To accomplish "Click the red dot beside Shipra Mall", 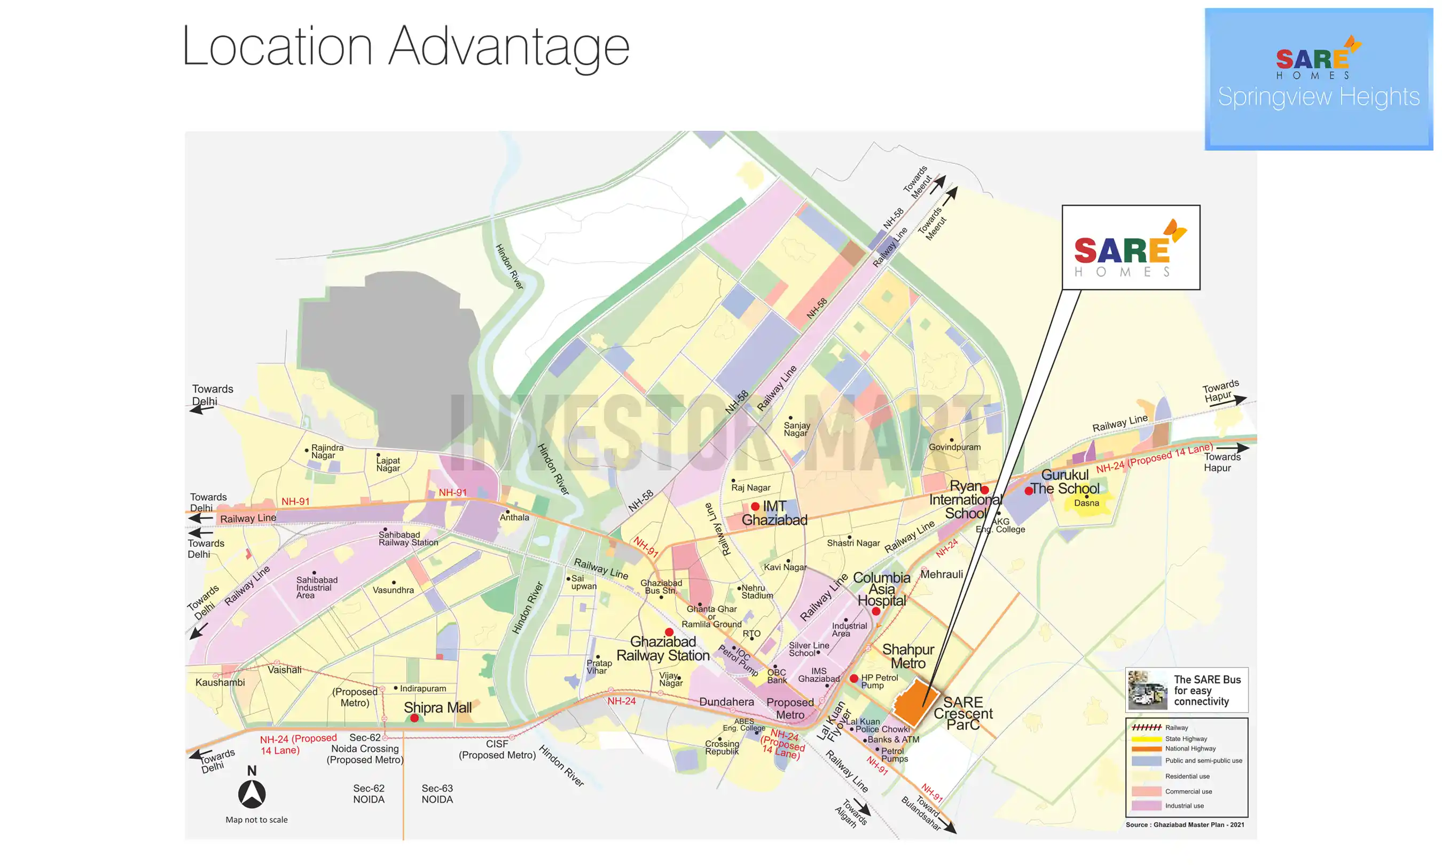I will pyautogui.click(x=414, y=718).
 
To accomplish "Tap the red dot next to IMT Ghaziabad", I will pyautogui.click(x=755, y=507).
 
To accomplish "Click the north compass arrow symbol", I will pyautogui.click(x=252, y=794).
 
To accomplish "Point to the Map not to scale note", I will pyautogui.click(x=256, y=820).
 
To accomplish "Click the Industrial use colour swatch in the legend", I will pyautogui.click(x=1146, y=806).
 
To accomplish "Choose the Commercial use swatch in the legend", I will pyautogui.click(x=1146, y=791).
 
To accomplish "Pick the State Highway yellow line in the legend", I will pyautogui.click(x=1146, y=739).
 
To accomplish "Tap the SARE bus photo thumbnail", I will pyautogui.click(x=1147, y=690).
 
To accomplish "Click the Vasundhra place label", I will pyautogui.click(x=394, y=590).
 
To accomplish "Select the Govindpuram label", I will pyautogui.click(x=954, y=447).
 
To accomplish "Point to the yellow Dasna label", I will pyautogui.click(x=1086, y=503).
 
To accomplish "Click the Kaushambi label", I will pyautogui.click(x=220, y=682).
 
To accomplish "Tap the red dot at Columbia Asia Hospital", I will pyautogui.click(x=876, y=611).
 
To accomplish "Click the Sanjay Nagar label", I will pyautogui.click(x=796, y=429).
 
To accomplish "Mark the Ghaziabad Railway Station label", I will pyautogui.click(x=663, y=649).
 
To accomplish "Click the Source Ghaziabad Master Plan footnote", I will pyautogui.click(x=1185, y=825).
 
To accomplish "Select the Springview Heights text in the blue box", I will pyautogui.click(x=1319, y=97).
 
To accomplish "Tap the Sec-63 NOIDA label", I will pyautogui.click(x=437, y=794).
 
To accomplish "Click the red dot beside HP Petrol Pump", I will pyautogui.click(x=854, y=679).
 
